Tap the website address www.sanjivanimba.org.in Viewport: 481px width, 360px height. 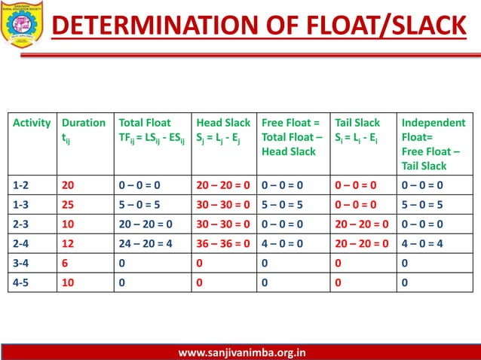click(x=241, y=352)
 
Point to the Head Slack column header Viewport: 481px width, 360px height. click(x=223, y=130)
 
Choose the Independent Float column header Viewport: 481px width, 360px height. click(x=434, y=144)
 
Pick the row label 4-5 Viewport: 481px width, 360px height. click(x=23, y=283)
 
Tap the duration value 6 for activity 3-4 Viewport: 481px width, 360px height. click(x=66, y=264)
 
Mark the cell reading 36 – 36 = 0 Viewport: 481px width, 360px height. click(x=224, y=244)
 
